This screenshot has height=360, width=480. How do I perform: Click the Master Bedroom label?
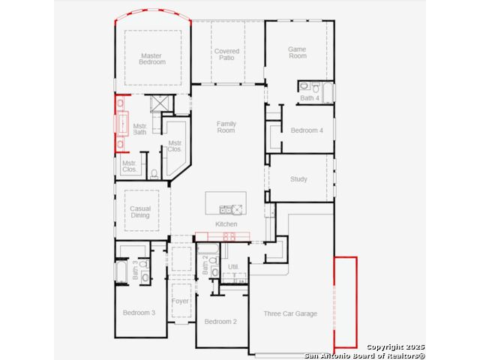pos(152,58)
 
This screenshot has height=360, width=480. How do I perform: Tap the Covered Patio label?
pos(226,54)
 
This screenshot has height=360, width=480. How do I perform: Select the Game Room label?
pos(298,52)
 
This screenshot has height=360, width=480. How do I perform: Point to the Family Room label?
pos(226,127)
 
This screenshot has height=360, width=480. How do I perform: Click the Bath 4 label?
pos(310,98)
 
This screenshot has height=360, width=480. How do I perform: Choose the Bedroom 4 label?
pos(307,130)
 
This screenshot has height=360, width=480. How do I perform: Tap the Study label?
pos(298,179)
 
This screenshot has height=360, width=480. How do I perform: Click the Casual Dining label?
pos(140,211)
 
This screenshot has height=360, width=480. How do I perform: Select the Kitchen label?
pos(226,224)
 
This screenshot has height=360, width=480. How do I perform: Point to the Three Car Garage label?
pos(290,313)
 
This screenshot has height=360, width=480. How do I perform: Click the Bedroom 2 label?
pos(220,322)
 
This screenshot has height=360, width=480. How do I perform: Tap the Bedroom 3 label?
pos(139,313)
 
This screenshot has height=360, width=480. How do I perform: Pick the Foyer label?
pos(180,301)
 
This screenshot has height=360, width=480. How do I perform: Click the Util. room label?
pos(233,267)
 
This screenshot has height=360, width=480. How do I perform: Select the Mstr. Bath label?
pos(140,129)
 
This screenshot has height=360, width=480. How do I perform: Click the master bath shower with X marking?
pos(159,103)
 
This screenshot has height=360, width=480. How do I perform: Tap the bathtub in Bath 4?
pos(328,93)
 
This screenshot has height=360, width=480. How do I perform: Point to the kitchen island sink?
pos(226,210)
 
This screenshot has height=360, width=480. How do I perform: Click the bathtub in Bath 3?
pos(121,271)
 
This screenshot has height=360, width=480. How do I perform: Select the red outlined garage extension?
pos(345,302)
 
